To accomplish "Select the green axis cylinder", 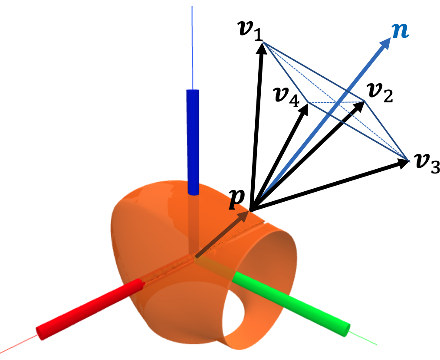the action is point(291,302).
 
